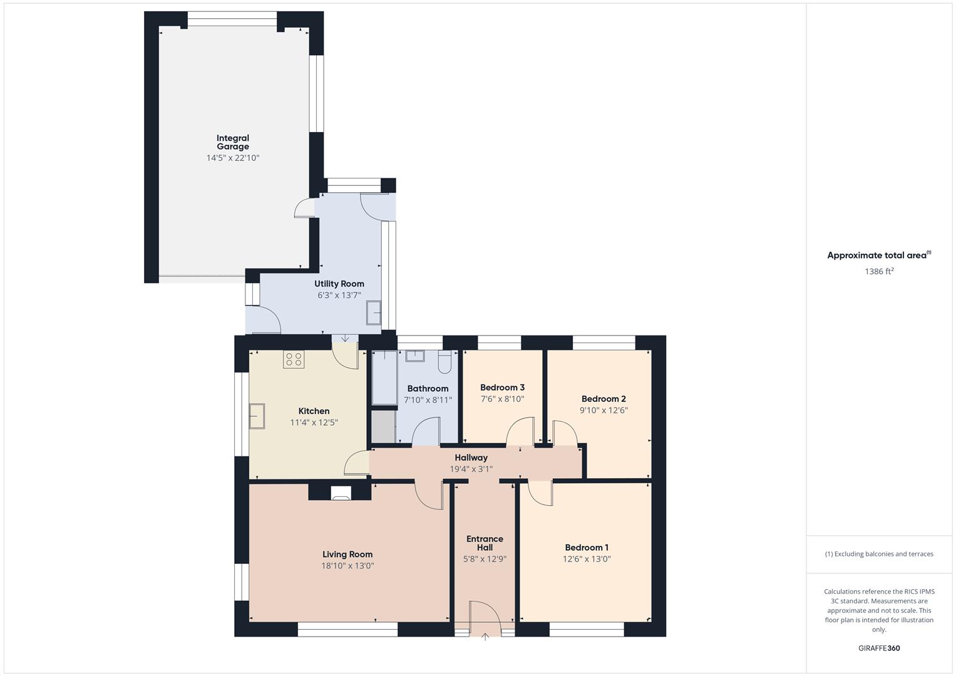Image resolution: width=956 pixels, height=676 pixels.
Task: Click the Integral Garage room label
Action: tap(233, 142)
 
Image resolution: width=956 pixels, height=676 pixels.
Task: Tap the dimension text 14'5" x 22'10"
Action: tap(233, 158)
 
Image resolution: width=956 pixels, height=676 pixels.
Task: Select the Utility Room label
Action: tap(339, 284)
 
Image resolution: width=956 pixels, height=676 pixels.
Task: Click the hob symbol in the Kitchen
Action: tap(293, 359)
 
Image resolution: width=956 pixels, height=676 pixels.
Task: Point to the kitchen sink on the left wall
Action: tap(257, 416)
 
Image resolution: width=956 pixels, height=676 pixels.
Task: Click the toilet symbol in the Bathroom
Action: tap(445, 361)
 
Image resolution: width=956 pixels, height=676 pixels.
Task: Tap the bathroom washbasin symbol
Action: tap(415, 356)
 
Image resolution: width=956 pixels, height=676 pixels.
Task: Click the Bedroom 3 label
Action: tap(502, 387)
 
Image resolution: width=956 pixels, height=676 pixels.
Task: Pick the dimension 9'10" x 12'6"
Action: tap(604, 411)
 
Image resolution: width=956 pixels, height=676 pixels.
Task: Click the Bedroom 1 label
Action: tap(587, 548)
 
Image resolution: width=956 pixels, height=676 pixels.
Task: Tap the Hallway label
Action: tap(471, 458)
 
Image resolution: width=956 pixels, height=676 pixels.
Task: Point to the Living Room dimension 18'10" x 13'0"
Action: tap(347, 566)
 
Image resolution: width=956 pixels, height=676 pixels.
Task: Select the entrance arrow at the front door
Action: tap(485, 637)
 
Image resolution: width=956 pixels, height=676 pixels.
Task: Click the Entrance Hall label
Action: tap(485, 543)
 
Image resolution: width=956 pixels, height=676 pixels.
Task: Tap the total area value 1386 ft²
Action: tap(879, 272)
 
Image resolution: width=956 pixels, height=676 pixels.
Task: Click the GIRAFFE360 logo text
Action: tap(879, 648)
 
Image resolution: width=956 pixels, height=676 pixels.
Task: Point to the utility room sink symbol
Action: tap(374, 312)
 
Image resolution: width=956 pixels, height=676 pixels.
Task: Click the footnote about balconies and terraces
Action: tap(879, 554)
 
